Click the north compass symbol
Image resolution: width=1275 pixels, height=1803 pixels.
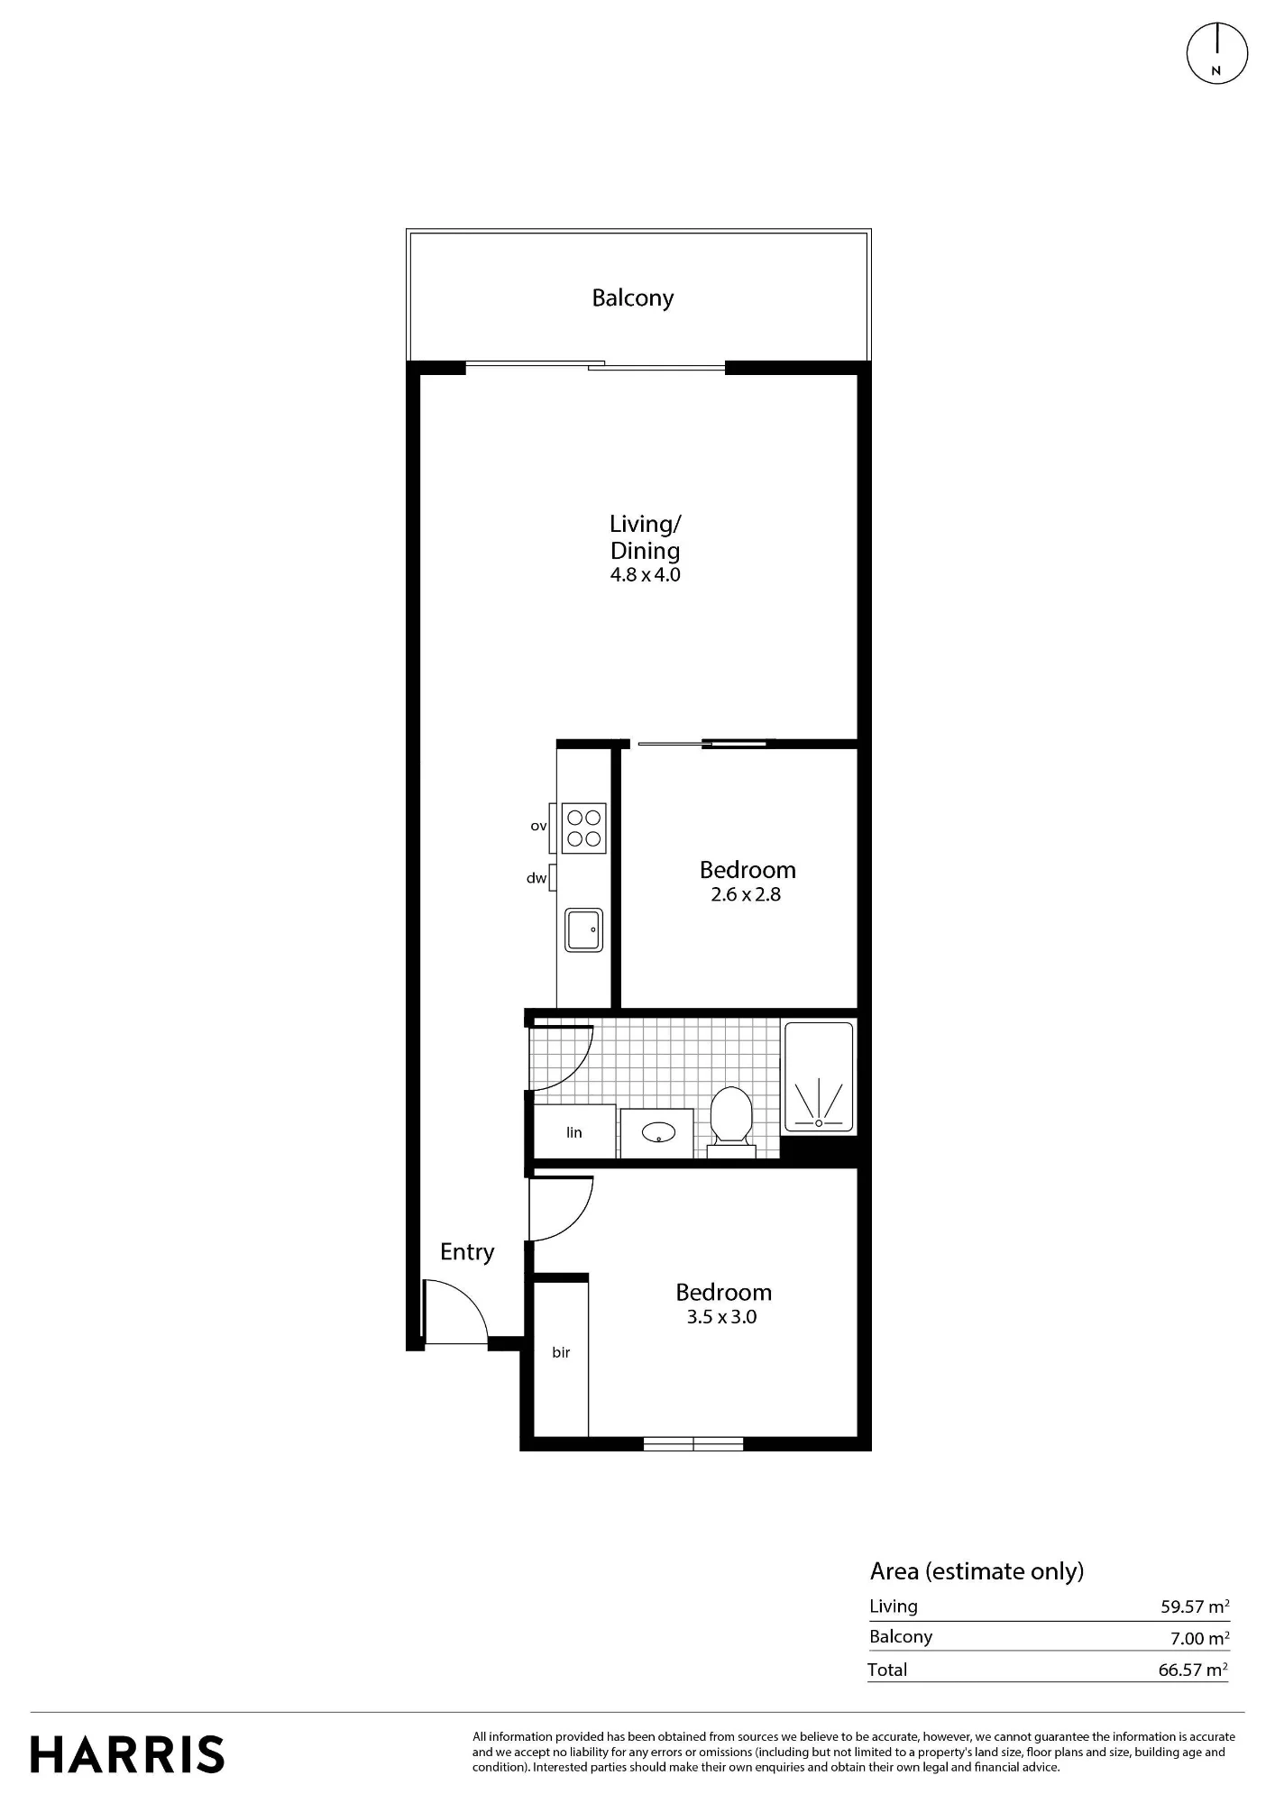[x=1216, y=53]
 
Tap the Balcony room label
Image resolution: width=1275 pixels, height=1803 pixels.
[x=632, y=298]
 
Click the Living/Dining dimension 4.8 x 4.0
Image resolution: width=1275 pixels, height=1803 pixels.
[x=646, y=575]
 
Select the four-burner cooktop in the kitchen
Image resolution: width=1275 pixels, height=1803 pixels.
[x=583, y=828]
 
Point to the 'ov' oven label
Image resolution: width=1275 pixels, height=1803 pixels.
[x=538, y=826]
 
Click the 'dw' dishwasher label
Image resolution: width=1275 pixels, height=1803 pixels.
[x=537, y=878]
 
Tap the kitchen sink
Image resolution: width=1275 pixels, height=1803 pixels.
[x=583, y=929]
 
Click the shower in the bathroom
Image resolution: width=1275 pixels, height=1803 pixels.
[x=819, y=1076]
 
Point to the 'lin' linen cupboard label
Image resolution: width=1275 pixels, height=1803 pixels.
[x=574, y=1133]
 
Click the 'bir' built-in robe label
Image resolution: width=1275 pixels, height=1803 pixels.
[x=561, y=1353]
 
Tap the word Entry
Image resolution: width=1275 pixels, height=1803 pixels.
[x=467, y=1252]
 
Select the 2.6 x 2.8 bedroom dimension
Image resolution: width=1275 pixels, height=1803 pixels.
[x=746, y=895]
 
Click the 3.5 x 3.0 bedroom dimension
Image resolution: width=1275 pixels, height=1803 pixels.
[x=721, y=1317]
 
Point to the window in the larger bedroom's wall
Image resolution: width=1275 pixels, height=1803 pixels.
[x=693, y=1443]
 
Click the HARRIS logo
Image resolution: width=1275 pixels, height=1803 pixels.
[x=127, y=1755]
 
